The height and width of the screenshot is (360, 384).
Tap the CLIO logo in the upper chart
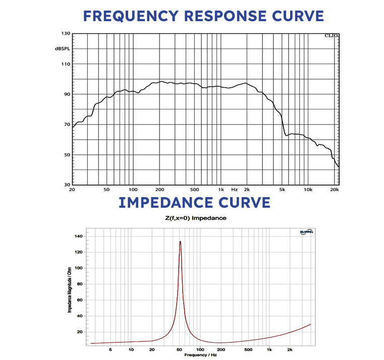pyautogui.click(x=332, y=36)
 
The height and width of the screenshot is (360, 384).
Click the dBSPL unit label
pyautogui.click(x=63, y=48)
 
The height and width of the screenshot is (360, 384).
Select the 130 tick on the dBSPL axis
pyautogui.click(x=65, y=34)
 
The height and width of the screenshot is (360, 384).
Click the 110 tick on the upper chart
pyautogui.click(x=65, y=64)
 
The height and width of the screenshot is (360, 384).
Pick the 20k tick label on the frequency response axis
pyautogui.click(x=334, y=190)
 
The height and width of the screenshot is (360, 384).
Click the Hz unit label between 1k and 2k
pyautogui.click(x=234, y=190)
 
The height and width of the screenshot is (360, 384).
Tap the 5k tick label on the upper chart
pyautogui.click(x=282, y=190)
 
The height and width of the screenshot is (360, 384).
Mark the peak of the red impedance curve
pyautogui.click(x=180, y=242)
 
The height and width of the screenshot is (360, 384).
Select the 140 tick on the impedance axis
pyautogui.click(x=77, y=236)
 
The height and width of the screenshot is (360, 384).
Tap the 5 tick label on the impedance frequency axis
pyautogui.click(x=111, y=349)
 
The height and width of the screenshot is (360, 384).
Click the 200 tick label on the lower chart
pyautogui.click(x=221, y=349)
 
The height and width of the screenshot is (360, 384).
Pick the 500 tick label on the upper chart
pyautogui.click(x=195, y=190)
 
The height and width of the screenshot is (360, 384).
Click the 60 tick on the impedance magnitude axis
pyautogui.click(x=79, y=300)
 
